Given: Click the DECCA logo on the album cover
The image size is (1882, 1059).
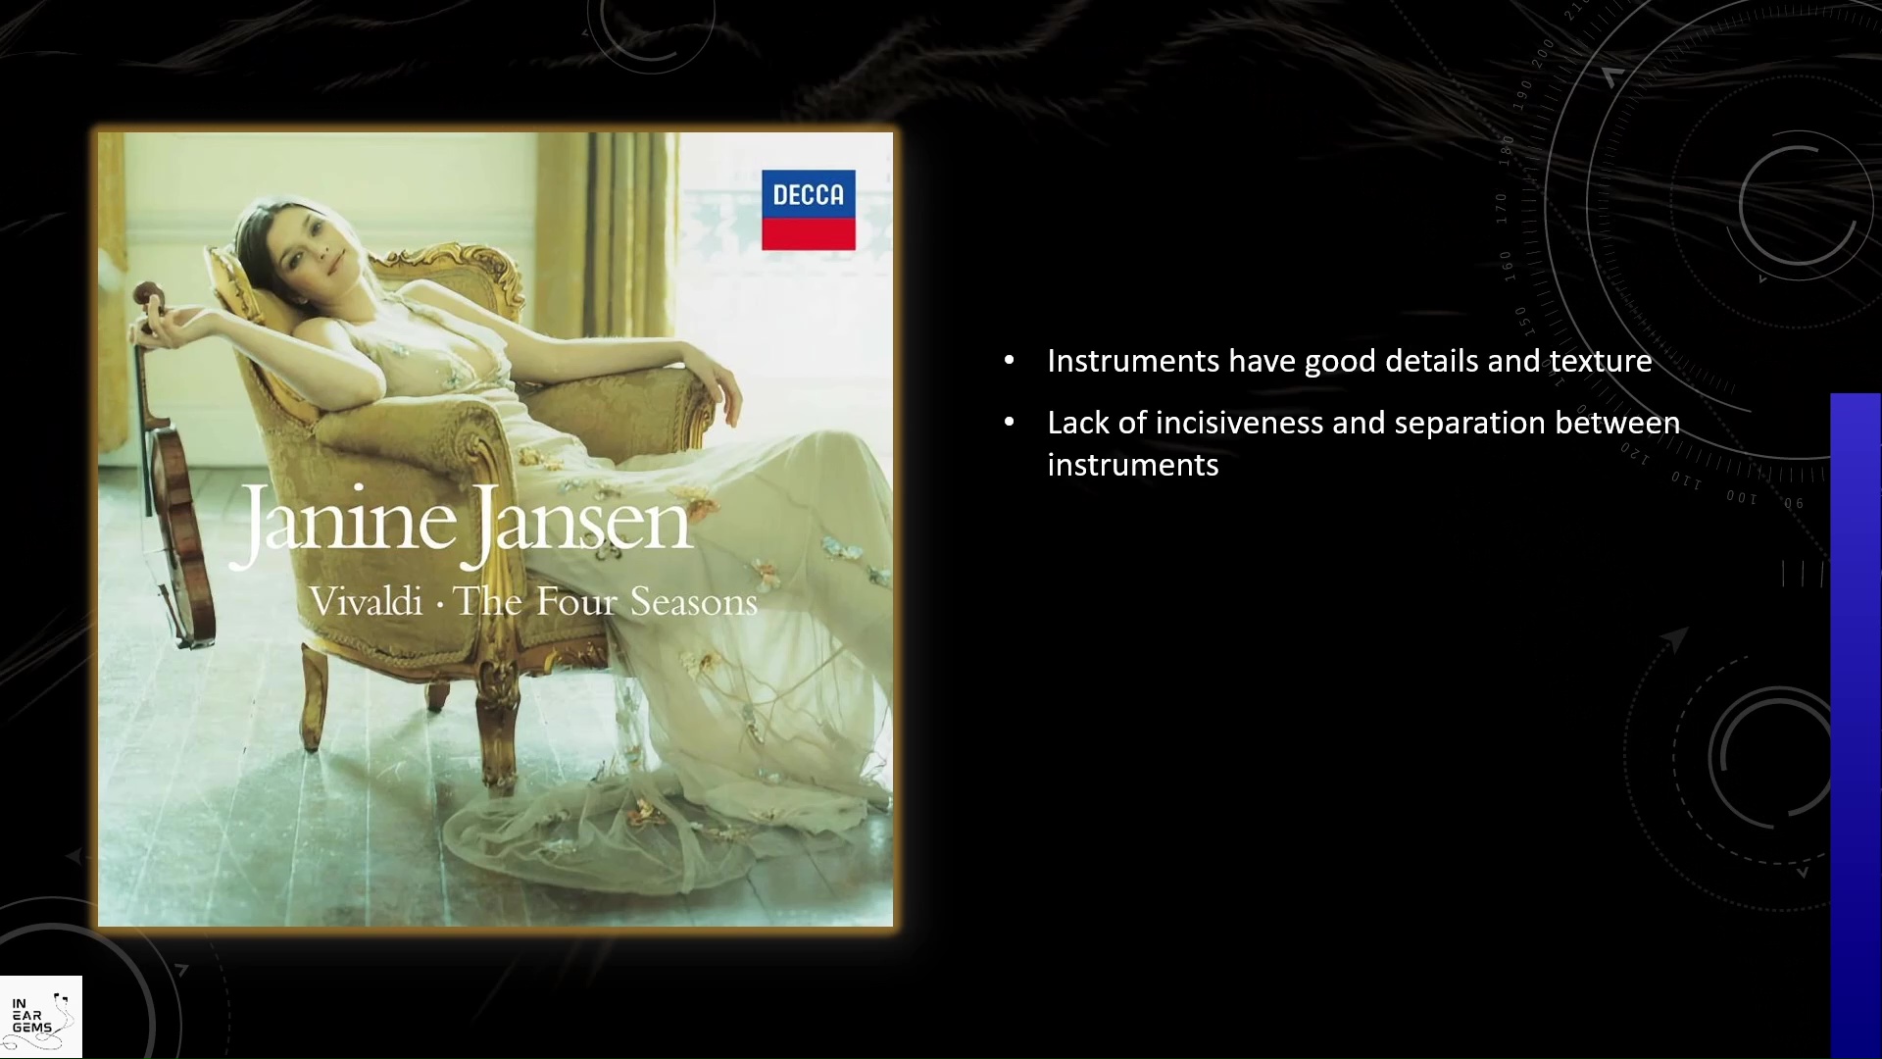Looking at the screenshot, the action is tap(809, 210).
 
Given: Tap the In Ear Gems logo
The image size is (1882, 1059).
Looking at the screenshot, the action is tap(40, 1017).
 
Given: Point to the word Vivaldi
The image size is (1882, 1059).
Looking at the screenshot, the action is tap(366, 601).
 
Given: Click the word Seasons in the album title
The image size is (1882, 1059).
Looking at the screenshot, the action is tap(694, 601).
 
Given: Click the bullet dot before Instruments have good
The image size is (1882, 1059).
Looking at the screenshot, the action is tap(1010, 361).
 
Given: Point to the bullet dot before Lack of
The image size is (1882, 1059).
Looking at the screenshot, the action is tap(1010, 423).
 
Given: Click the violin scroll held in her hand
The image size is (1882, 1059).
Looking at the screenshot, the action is tap(149, 294).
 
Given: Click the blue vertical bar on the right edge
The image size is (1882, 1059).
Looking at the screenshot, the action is tap(1856, 726).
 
